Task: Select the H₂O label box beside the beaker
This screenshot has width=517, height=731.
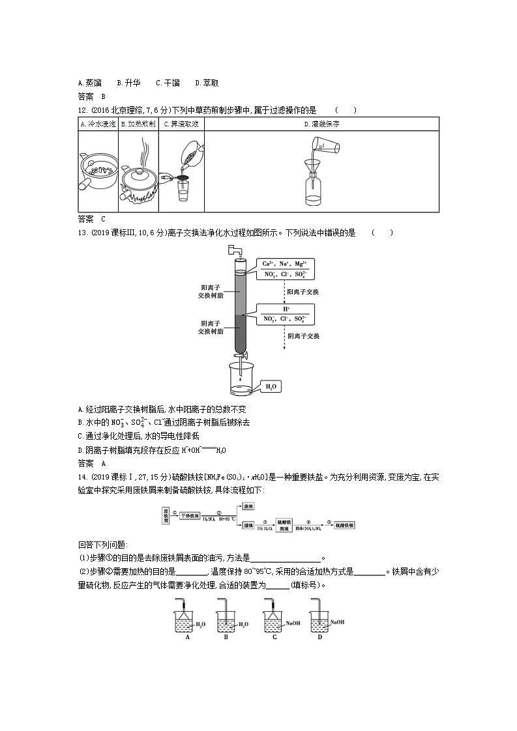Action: coord(270,386)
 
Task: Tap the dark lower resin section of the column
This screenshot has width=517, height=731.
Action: coord(240,332)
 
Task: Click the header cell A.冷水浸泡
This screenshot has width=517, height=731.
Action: coord(98,124)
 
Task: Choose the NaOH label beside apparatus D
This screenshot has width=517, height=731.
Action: coord(336,622)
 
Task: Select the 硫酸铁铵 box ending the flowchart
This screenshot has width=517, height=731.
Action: coord(344,525)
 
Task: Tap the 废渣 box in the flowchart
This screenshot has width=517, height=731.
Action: coord(248,506)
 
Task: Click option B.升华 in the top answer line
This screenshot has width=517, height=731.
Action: coord(128,83)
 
